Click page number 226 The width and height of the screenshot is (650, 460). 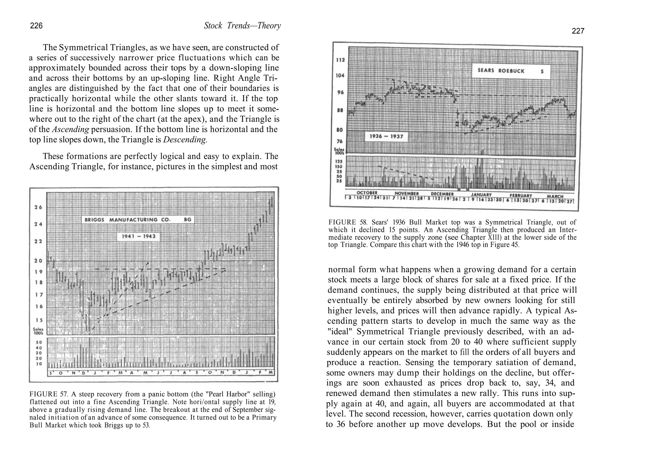point(36,26)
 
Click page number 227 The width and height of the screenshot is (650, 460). point(578,31)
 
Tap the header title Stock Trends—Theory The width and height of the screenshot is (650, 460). point(242,26)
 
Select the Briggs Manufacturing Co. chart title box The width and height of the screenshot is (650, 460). point(138,220)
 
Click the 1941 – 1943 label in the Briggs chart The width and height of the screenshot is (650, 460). point(138,236)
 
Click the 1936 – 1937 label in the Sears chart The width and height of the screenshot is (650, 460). point(386,136)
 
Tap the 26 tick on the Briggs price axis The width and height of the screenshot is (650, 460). point(38,207)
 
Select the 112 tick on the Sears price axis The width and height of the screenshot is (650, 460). point(340,60)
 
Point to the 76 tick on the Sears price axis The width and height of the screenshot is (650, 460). point(340,141)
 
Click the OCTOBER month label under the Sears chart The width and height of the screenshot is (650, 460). point(367,193)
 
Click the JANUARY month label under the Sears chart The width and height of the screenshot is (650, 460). point(481,194)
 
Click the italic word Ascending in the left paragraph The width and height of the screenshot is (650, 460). point(70,129)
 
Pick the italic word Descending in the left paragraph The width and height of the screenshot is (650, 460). point(185,140)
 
